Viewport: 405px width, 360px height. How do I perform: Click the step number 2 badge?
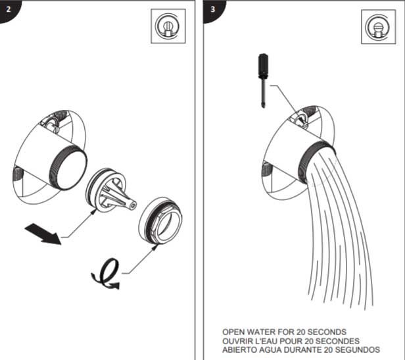[x=9, y=10]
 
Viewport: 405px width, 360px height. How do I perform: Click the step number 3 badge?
[x=213, y=10]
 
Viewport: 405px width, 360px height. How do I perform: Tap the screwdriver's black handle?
[x=263, y=65]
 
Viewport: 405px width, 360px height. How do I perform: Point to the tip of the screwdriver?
[x=263, y=107]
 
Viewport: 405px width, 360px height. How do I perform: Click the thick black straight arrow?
[x=43, y=234]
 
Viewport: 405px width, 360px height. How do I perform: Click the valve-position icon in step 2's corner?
[x=168, y=26]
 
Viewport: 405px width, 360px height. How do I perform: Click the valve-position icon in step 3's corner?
[x=379, y=27]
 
